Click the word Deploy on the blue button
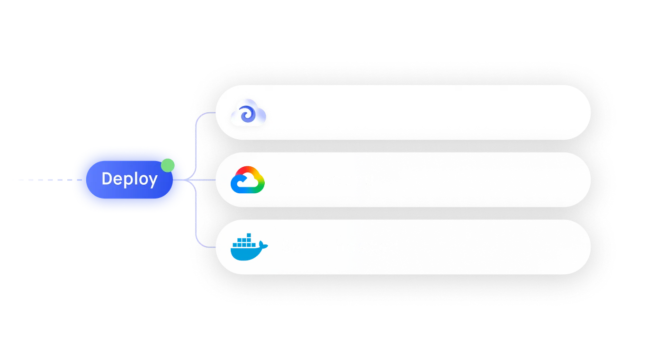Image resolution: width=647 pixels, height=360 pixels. click(x=129, y=179)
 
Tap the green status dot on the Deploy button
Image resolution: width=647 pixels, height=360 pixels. click(x=168, y=165)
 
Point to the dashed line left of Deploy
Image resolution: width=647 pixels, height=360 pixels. click(x=51, y=180)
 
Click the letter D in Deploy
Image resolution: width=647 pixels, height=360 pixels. click(x=107, y=178)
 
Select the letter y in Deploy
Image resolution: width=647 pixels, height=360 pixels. click(x=153, y=181)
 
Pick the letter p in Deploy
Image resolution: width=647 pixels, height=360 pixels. click(x=125, y=181)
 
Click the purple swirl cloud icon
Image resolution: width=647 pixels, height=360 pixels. click(x=248, y=113)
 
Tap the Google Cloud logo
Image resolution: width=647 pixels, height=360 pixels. click(x=248, y=180)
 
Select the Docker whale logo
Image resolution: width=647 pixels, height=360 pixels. click(x=249, y=247)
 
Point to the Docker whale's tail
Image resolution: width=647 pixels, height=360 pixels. click(x=263, y=245)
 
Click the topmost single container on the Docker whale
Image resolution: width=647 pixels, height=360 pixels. click(x=249, y=235)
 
